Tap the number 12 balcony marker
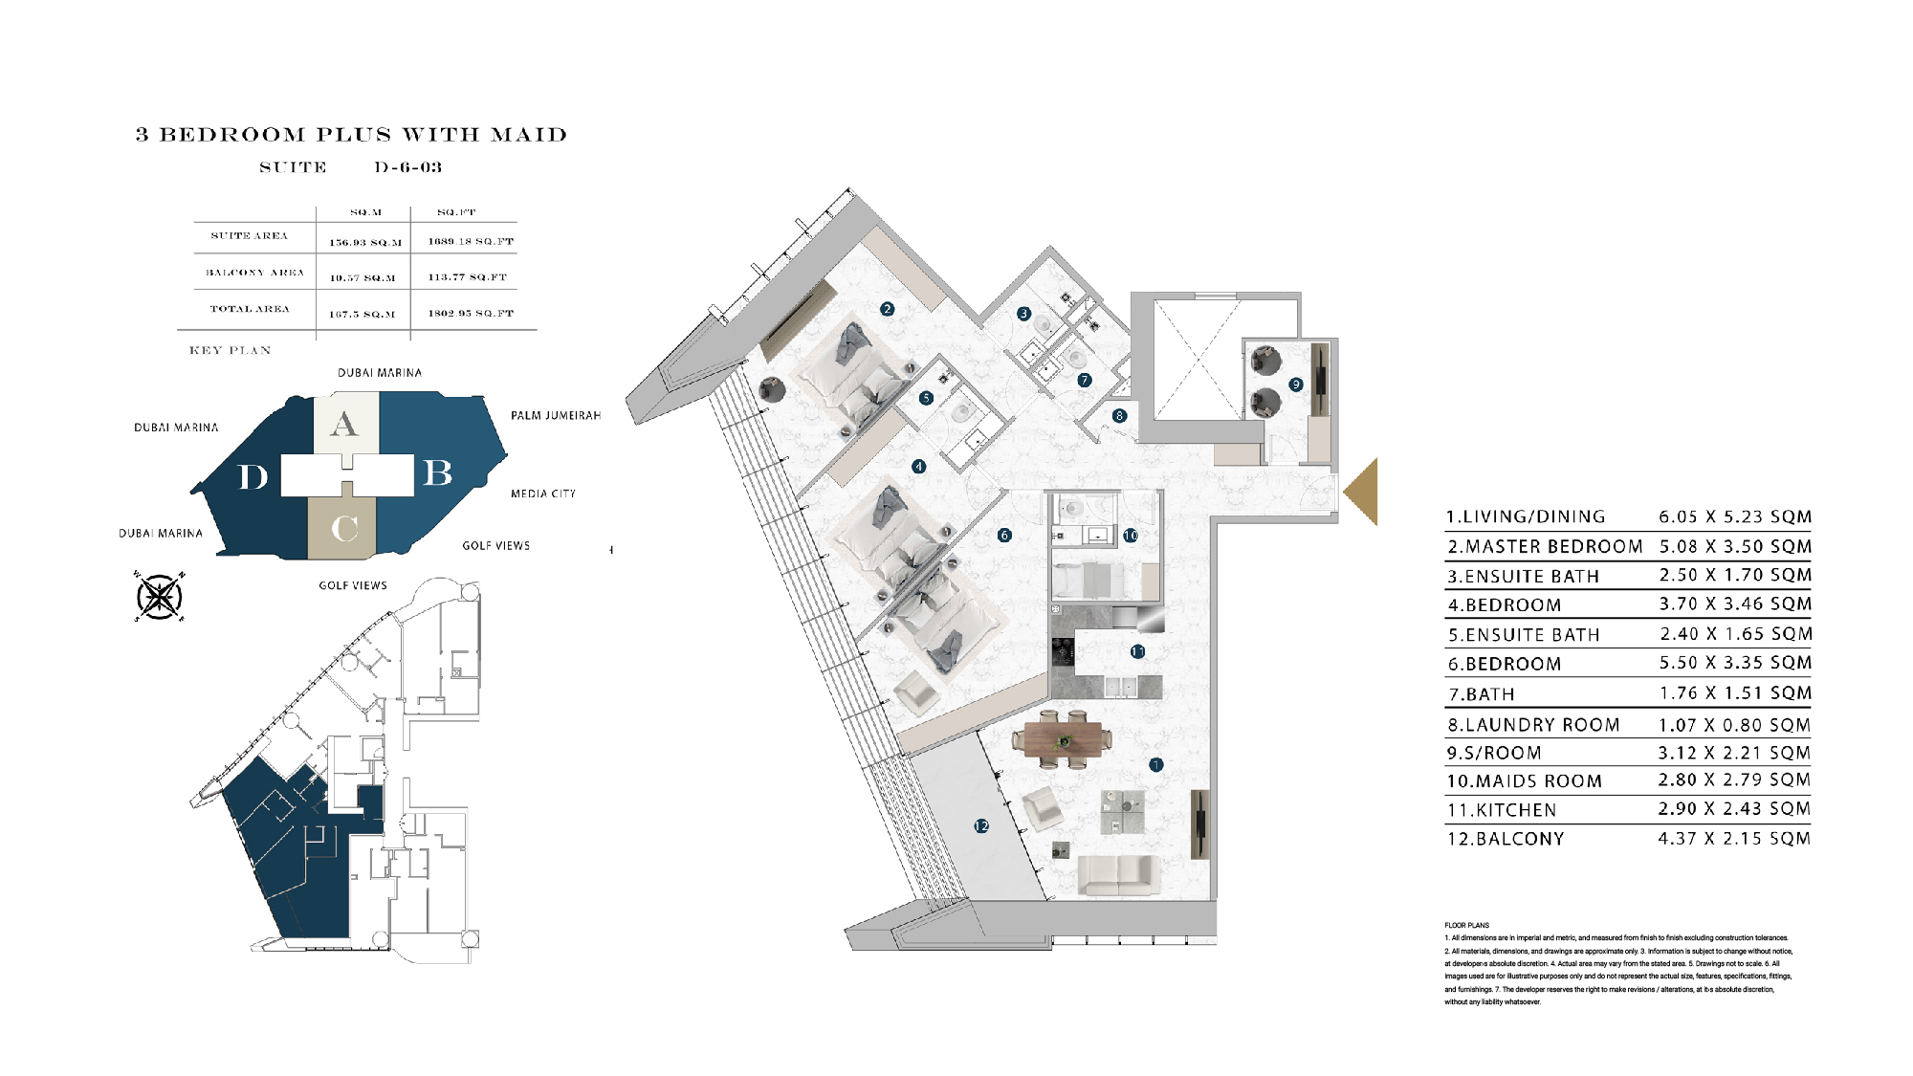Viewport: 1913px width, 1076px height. [x=981, y=825]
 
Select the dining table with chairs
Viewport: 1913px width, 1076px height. [x=1063, y=739]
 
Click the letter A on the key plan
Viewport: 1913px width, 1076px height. [x=344, y=424]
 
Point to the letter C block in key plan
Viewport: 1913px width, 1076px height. [x=343, y=528]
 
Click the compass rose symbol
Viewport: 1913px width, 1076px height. [x=160, y=597]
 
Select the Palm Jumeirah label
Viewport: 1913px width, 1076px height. [x=555, y=415]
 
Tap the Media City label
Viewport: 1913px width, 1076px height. [x=542, y=494]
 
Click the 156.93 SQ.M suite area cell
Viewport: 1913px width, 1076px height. [x=365, y=243]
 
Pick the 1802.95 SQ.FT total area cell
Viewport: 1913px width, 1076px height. [x=470, y=314]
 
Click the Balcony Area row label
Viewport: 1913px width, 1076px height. [x=254, y=273]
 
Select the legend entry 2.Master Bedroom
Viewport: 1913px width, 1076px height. [x=1544, y=547]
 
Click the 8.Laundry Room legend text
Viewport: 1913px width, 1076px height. [x=1532, y=725]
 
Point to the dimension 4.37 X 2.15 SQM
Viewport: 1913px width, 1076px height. [x=1733, y=839]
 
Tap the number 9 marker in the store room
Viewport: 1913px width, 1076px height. [x=1296, y=384]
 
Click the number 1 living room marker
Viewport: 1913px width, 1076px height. [x=1155, y=765]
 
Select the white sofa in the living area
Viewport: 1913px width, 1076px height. [x=1118, y=874]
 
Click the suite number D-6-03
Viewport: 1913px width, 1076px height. [x=408, y=167]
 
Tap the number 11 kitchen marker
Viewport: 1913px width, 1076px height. [x=1137, y=651]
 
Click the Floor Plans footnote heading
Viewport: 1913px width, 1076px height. [x=1466, y=925]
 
